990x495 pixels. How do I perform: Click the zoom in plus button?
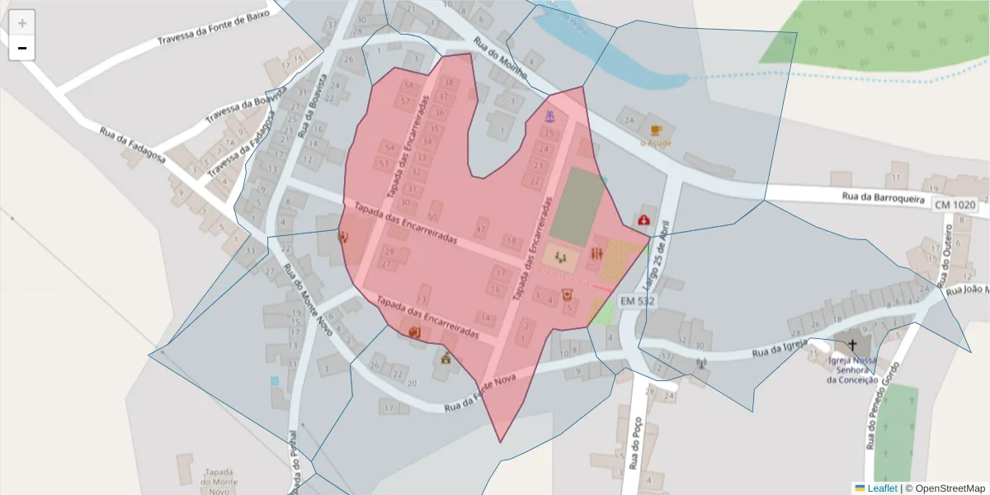coord(22,23)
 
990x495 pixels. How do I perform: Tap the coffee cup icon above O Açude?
coord(656,130)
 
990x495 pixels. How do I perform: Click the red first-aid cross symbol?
coord(643,220)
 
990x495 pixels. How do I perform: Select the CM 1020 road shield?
coord(955,204)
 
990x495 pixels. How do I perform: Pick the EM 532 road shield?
coord(636,302)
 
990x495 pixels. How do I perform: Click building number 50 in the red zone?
coord(431,217)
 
